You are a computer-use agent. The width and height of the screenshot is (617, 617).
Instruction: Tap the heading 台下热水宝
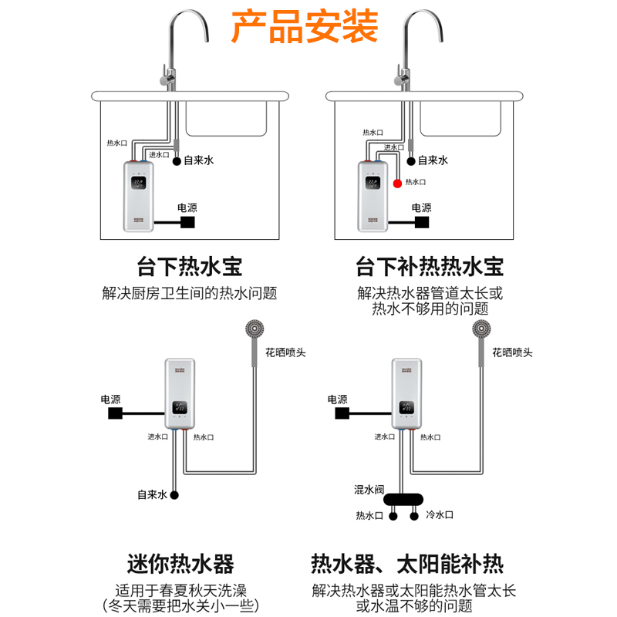tap(189, 267)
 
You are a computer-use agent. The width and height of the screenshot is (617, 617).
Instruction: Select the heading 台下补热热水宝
tap(430, 267)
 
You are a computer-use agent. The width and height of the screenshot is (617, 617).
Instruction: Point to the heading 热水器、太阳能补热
tap(406, 563)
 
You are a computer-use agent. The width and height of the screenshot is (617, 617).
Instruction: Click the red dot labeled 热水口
tap(398, 183)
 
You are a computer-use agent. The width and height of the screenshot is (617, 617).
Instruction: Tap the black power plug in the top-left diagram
tap(187, 222)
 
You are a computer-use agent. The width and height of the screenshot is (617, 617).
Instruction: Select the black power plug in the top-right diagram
tap(421, 222)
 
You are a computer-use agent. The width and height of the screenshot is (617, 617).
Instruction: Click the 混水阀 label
tap(369, 490)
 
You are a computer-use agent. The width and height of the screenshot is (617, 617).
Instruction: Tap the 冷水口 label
tap(439, 514)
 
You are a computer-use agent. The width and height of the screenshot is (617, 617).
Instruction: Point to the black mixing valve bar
tap(403, 499)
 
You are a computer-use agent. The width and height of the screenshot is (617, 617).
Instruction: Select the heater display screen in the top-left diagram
tap(139, 184)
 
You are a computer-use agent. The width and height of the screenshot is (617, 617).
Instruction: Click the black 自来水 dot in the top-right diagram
tap(410, 161)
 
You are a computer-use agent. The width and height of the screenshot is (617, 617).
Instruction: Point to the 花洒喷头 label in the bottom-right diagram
tap(512, 352)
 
